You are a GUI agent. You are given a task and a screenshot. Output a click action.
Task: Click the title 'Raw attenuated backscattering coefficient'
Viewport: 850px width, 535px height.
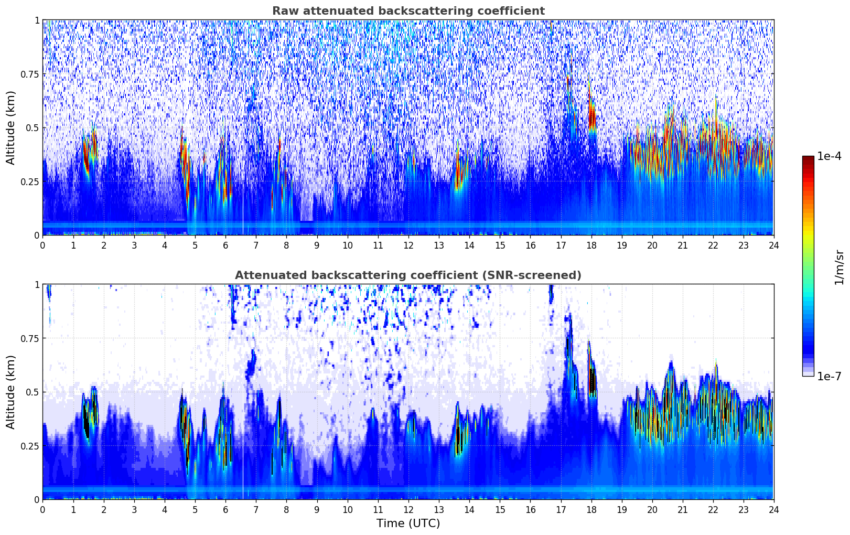(408, 11)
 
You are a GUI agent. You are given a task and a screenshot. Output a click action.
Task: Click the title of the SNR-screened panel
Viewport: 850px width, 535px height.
(408, 275)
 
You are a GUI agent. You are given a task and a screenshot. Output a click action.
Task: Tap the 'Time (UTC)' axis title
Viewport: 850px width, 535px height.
(408, 523)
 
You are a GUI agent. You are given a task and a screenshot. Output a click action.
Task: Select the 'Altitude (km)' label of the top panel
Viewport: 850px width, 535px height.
(11, 127)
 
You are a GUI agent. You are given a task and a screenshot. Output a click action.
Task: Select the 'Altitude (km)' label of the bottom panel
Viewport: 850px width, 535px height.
(11, 392)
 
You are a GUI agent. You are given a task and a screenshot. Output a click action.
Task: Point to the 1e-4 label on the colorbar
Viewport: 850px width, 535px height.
(829, 156)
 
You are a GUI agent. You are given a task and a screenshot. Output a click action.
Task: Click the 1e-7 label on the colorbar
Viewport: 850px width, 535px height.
(829, 376)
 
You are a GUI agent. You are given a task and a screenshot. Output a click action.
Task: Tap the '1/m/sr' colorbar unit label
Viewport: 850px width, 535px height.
(839, 267)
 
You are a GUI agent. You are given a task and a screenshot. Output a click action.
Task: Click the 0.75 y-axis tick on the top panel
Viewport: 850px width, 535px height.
(30, 74)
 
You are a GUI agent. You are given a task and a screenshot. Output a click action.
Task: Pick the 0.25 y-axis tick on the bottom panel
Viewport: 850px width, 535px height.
(30, 446)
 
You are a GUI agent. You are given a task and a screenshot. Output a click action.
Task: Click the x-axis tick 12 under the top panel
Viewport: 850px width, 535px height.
(408, 245)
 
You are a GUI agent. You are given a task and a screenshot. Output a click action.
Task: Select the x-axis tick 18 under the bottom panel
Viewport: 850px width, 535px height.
(591, 509)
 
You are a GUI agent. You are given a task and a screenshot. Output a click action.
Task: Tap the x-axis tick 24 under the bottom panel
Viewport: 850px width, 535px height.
(773, 509)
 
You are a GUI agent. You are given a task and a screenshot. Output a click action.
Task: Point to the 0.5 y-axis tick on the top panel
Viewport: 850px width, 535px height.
(33, 128)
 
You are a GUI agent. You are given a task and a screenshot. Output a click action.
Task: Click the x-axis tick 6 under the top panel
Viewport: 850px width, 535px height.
(225, 245)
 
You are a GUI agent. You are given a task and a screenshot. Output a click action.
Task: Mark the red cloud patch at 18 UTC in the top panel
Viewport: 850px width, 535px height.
(592, 118)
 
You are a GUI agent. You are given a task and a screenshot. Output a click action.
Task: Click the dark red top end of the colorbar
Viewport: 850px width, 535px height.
(808, 159)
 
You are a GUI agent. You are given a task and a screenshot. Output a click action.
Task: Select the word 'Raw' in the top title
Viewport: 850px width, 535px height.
(284, 11)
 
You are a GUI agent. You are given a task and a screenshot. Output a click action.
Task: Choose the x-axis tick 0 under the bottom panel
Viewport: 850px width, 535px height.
(43, 509)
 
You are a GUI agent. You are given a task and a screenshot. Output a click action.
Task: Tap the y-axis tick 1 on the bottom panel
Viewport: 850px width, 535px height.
(37, 285)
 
